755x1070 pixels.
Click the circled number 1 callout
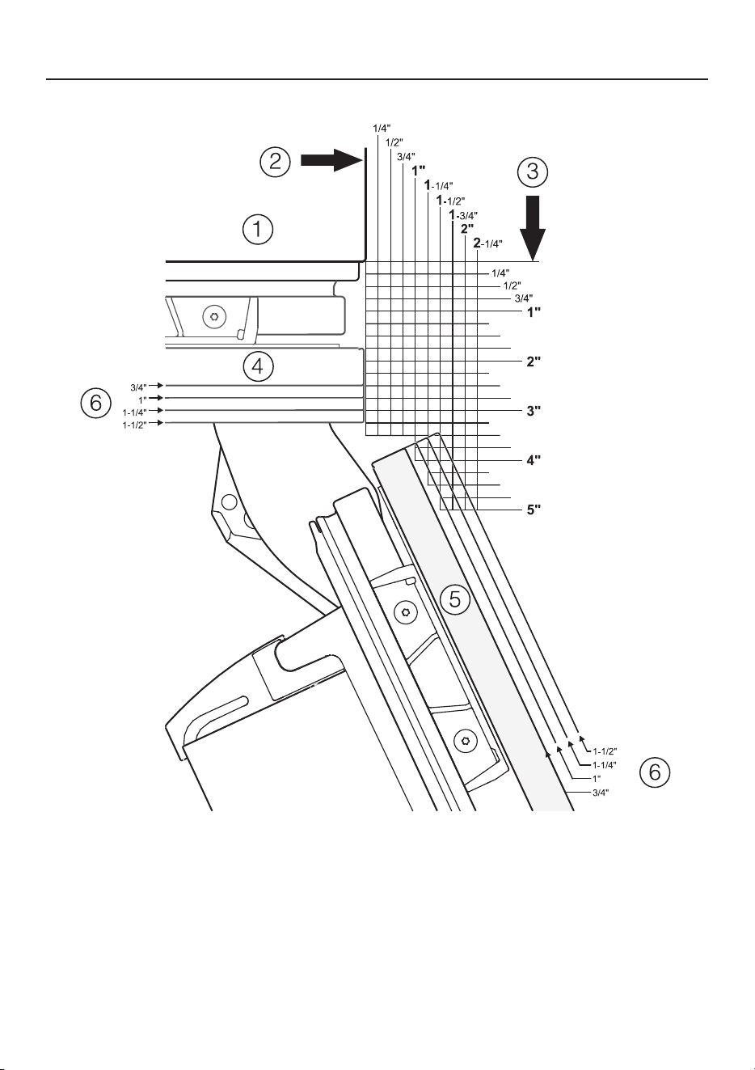258,230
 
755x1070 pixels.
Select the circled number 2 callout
275,162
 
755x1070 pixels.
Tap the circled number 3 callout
533,171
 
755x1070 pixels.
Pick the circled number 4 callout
258,367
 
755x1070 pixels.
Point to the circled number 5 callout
454,598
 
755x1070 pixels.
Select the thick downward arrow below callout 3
533,228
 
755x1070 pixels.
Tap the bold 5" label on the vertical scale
534,510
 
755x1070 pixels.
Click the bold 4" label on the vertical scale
534,460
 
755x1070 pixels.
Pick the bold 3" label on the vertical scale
534,411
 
